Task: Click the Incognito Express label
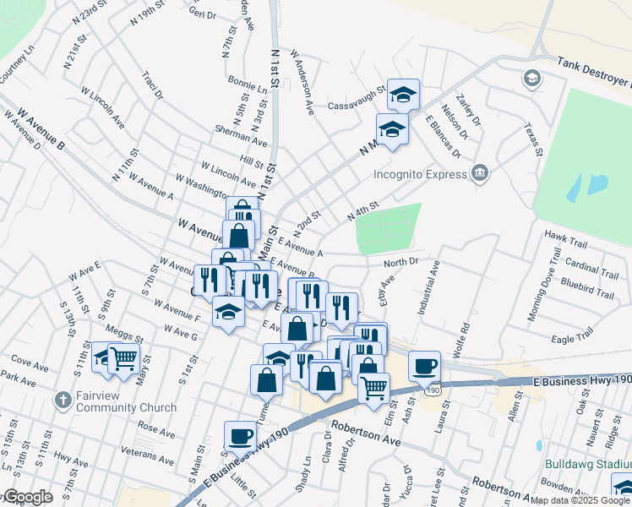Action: click(x=421, y=175)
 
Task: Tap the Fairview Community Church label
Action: click(x=114, y=401)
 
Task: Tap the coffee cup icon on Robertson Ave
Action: click(x=241, y=436)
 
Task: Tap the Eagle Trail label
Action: click(x=574, y=339)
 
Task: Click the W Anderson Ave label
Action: click(x=302, y=82)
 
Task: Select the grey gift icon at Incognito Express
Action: click(x=479, y=173)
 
